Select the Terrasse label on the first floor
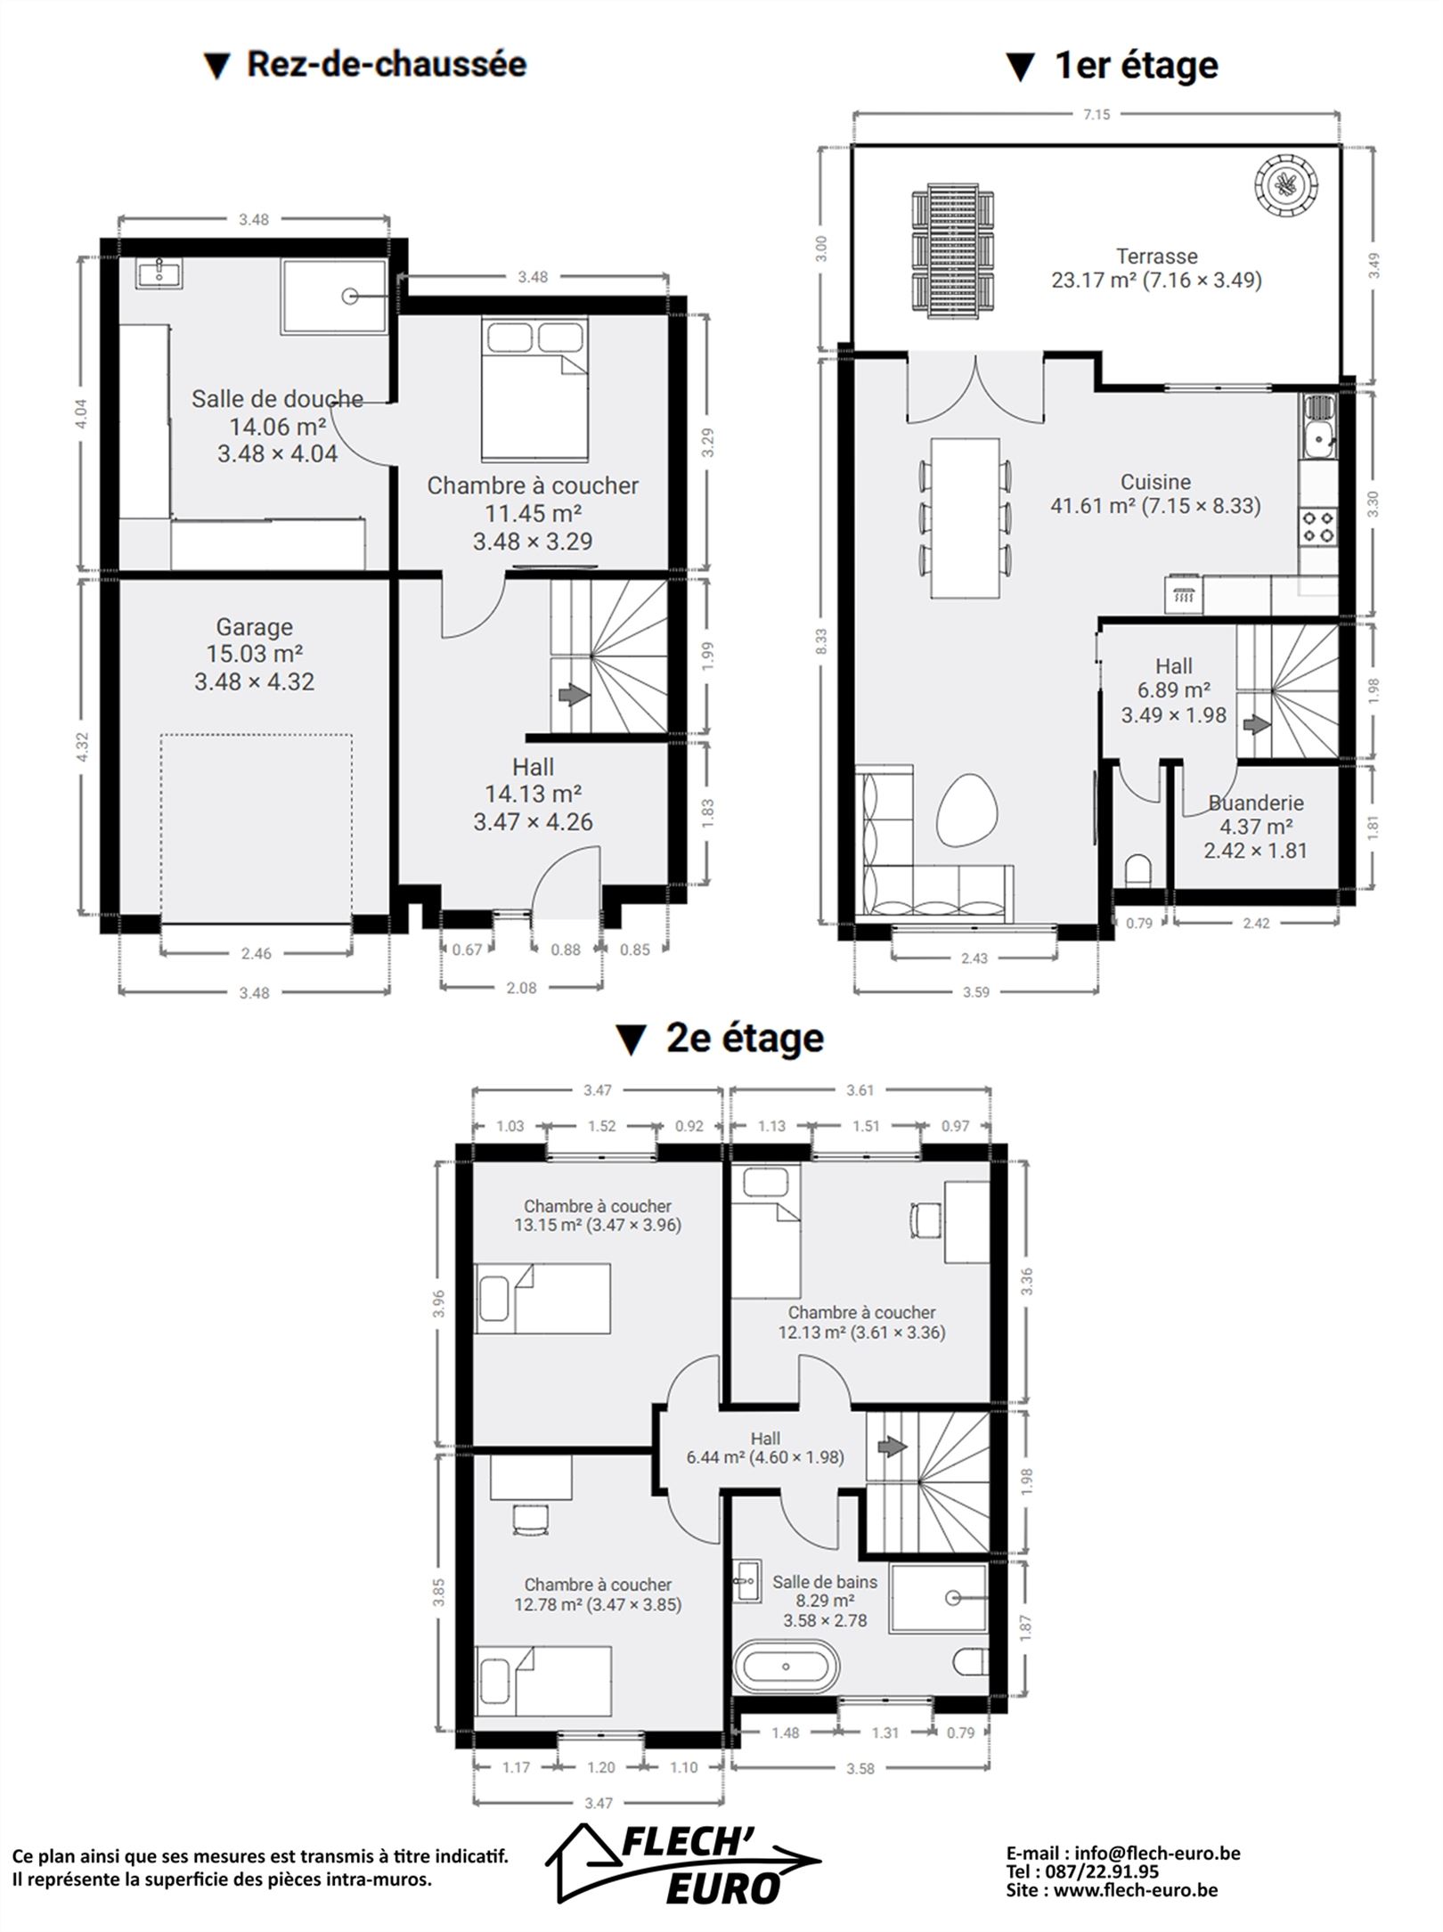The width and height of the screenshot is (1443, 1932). click(x=1156, y=257)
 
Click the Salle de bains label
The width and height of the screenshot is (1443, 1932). click(x=824, y=1582)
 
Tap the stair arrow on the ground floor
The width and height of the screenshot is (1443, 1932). click(x=573, y=694)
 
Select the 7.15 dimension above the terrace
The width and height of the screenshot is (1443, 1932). click(x=1097, y=115)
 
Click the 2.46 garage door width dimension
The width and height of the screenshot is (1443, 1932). click(x=256, y=953)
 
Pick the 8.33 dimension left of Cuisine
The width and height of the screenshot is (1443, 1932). click(x=821, y=640)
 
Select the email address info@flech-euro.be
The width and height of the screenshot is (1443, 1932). click(x=1157, y=1854)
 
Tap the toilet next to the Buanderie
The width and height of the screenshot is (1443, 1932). click(x=1137, y=870)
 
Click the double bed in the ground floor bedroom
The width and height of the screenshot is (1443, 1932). click(x=534, y=387)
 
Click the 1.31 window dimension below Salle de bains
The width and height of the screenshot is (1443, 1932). click(x=885, y=1732)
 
